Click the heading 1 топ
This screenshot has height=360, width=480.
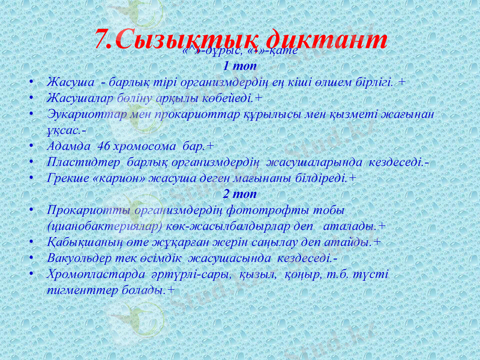click(239, 65)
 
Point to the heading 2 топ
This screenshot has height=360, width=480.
click(239, 194)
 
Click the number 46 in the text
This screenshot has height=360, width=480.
click(103, 146)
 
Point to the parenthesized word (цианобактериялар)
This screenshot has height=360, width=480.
click(105, 227)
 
